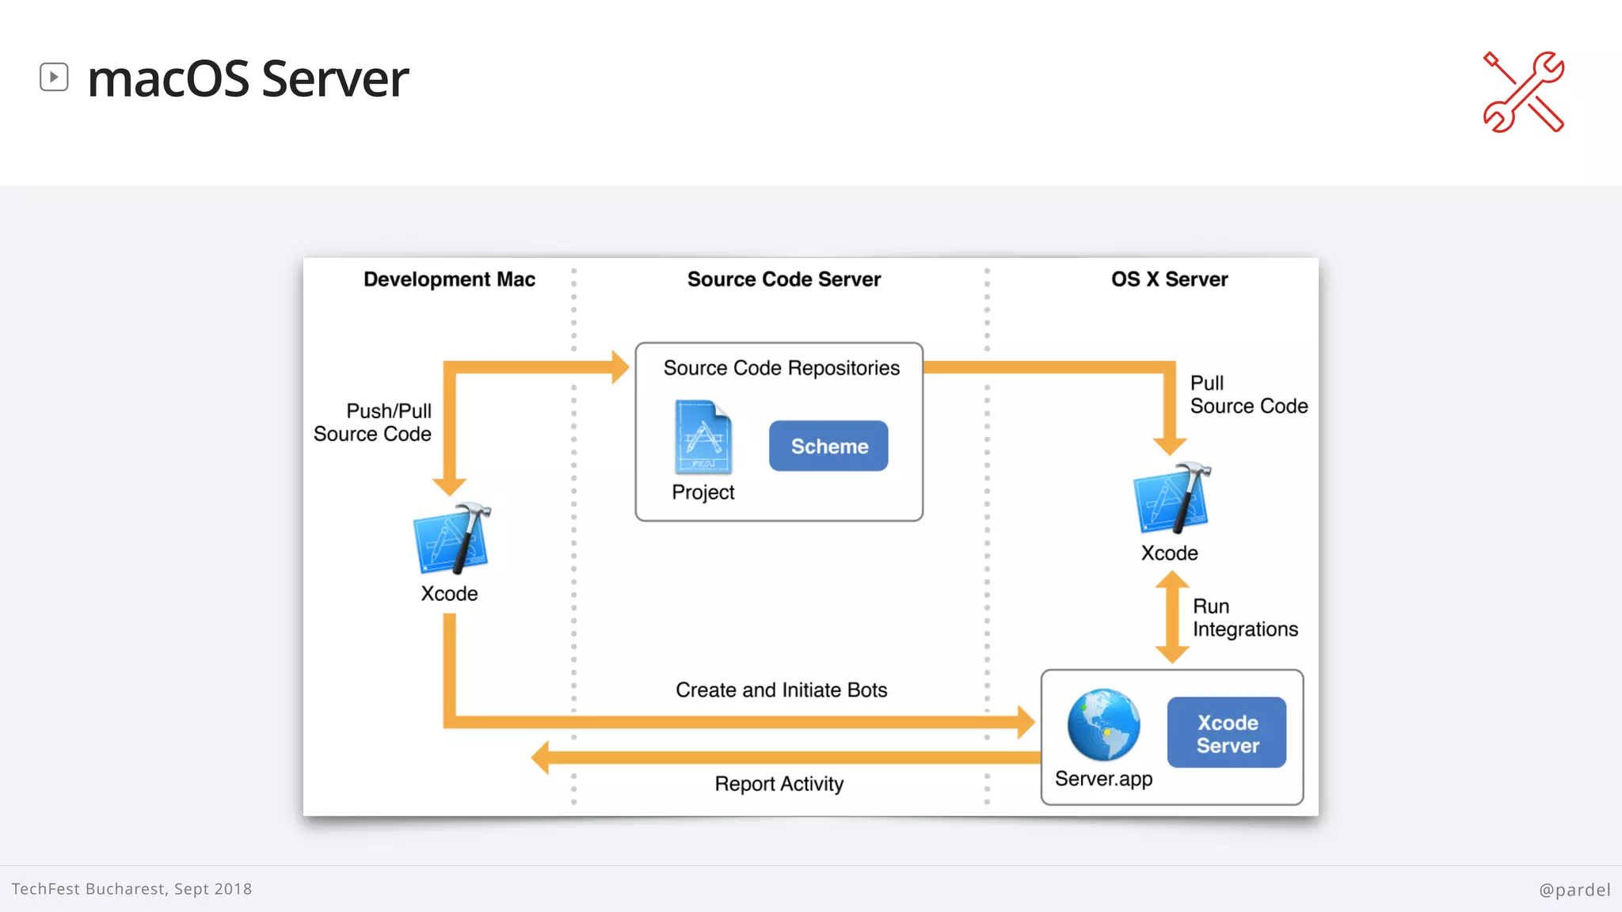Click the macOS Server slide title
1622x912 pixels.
(247, 79)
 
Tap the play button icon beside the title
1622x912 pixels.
(54, 77)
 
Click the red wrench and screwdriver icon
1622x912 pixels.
(1523, 92)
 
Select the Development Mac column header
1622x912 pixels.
(449, 279)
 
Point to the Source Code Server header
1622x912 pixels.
(783, 279)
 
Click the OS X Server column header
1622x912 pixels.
(1169, 279)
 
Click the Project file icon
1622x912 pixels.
(702, 438)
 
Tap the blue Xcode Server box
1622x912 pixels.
(1226, 733)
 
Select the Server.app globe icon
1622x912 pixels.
(1103, 725)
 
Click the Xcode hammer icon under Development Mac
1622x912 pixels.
(451, 539)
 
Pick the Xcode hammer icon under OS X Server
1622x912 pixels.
(1171, 499)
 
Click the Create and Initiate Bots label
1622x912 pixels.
(781, 690)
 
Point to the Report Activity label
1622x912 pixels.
(779, 784)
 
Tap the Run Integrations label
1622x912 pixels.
(1244, 617)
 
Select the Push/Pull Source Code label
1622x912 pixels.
(373, 423)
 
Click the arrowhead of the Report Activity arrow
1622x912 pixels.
(542, 758)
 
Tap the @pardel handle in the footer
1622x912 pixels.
(1574, 890)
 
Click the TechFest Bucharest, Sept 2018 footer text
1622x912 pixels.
(131, 889)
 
